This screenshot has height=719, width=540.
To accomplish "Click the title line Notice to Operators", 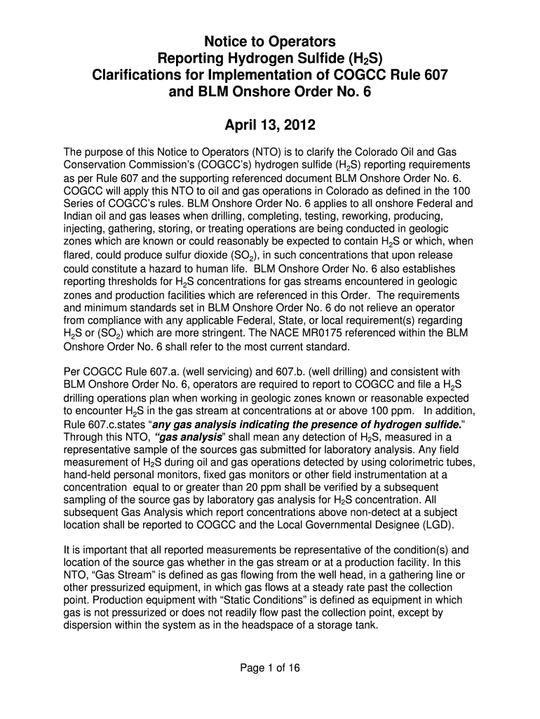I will click(270, 40).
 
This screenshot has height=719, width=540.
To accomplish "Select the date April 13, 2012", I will click(270, 127).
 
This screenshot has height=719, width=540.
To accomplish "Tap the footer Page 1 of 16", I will click(270, 668).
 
